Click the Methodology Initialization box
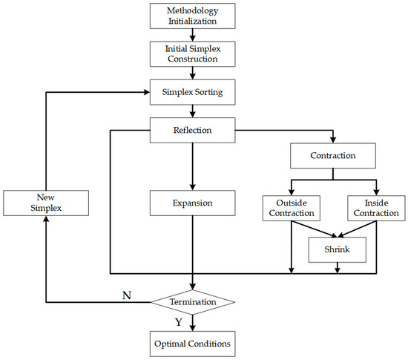193,17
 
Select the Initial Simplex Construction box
193,53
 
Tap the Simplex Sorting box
193,93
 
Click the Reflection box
193,131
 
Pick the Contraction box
333,157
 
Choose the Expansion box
193,202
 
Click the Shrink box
338,250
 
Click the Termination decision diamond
193,302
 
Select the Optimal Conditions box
193,343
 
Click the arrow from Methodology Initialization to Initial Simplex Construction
193,35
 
